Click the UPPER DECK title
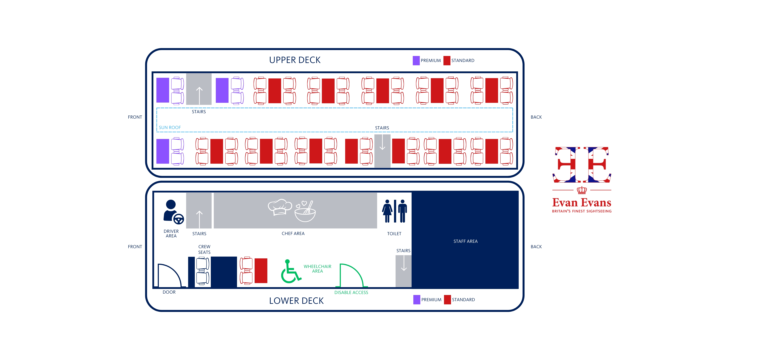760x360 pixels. coord(295,60)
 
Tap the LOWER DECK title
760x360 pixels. coord(296,301)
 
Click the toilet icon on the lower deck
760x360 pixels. coord(394,211)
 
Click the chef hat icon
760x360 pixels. coord(280,207)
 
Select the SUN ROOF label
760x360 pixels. coord(170,127)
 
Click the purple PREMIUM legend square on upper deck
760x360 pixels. coord(416,60)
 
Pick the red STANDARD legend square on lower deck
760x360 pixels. coord(447,300)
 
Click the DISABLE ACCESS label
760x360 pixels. coord(351,292)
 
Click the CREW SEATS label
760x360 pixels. coord(204,249)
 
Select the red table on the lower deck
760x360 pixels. coord(261,271)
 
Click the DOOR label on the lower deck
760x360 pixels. coord(169,292)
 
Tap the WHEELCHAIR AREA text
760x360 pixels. coord(317,269)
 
